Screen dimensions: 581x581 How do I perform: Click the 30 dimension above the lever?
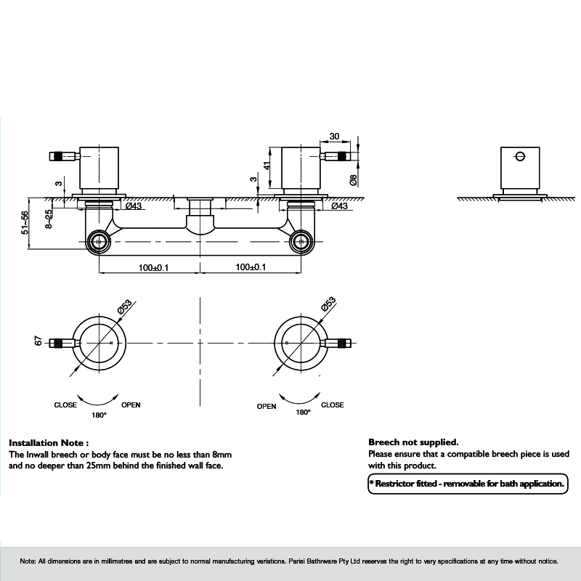(x=334, y=137)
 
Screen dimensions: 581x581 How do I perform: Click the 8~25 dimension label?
(x=48, y=219)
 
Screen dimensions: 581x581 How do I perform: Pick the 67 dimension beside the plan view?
(x=38, y=341)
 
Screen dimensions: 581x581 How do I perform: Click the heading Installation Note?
(x=49, y=442)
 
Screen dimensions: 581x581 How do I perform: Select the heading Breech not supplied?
(x=413, y=442)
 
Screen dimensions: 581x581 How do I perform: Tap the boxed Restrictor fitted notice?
(x=467, y=483)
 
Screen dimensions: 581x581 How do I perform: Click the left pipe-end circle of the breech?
(x=97, y=242)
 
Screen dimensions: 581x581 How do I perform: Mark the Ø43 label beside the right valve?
(x=339, y=207)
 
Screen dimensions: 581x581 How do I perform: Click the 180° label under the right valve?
(x=303, y=413)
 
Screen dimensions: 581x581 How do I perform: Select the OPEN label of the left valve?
(x=131, y=405)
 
